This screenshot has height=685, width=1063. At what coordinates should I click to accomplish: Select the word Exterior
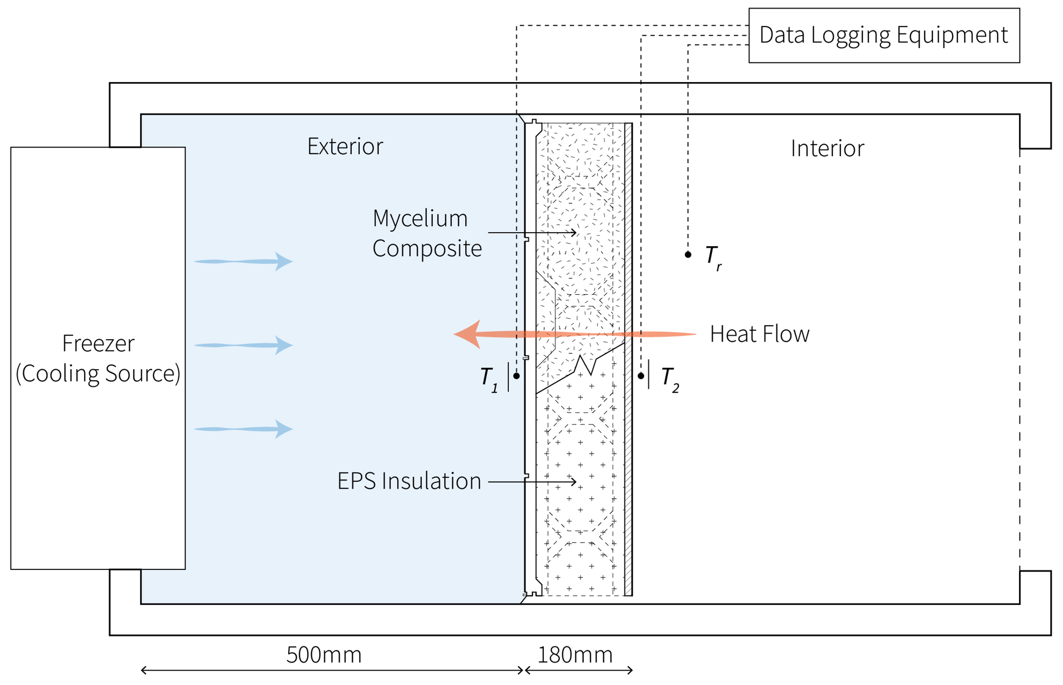tap(345, 146)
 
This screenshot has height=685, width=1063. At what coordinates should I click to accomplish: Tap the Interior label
tap(827, 149)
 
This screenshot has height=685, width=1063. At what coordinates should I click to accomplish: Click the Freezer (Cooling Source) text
tap(98, 358)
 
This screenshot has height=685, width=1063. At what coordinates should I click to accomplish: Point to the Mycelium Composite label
tap(426, 233)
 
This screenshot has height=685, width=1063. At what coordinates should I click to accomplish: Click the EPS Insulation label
tap(409, 481)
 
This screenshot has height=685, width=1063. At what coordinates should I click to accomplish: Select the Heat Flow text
tap(759, 334)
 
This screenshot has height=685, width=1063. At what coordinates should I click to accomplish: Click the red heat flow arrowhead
tap(467, 334)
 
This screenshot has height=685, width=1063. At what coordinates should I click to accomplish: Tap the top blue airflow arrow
tap(244, 262)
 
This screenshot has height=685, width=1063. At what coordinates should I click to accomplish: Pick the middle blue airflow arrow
tap(244, 345)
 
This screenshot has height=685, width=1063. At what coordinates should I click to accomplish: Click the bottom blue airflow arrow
tap(244, 429)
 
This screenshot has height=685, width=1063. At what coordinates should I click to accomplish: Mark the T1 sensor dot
tap(516, 376)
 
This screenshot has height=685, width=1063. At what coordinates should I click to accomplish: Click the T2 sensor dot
tap(641, 376)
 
